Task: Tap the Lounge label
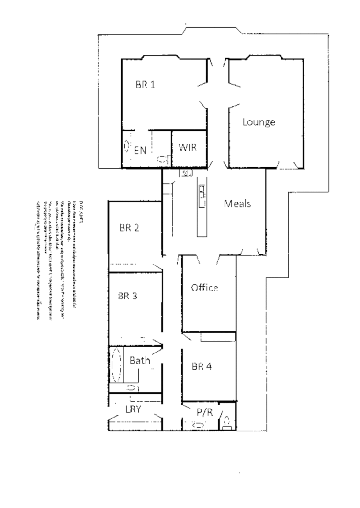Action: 259,122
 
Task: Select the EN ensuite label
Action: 139,151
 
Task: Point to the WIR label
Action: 187,147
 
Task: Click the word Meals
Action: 238,203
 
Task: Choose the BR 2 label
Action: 129,228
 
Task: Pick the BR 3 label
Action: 128,296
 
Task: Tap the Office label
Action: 204,287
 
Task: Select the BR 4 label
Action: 202,367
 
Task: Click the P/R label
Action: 204,412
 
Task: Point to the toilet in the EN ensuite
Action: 162,160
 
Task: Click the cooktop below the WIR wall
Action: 186,173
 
